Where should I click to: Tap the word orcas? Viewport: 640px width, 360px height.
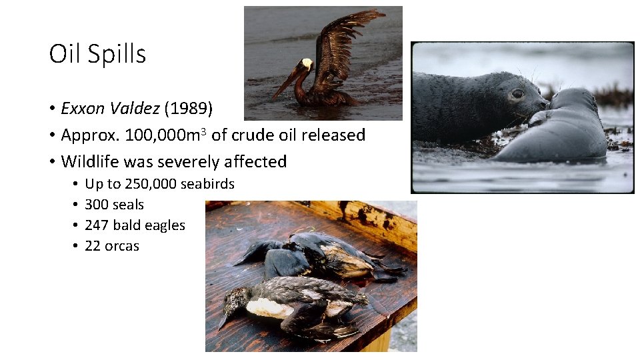[x=122, y=246]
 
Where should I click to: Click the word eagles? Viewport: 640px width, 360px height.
[x=165, y=225]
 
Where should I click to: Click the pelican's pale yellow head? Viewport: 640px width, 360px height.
[x=307, y=64]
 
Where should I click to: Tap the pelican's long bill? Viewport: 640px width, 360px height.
[x=285, y=84]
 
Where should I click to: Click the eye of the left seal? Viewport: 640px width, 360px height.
[x=517, y=94]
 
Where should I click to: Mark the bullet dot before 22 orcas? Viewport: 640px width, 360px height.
[x=75, y=246]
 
